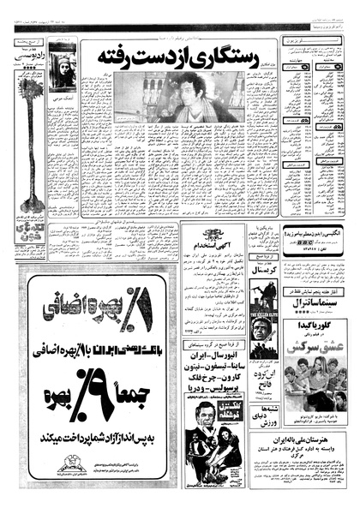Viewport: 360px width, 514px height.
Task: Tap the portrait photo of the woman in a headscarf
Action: [63, 70]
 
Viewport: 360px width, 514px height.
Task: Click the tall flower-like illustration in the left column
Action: [33, 163]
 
